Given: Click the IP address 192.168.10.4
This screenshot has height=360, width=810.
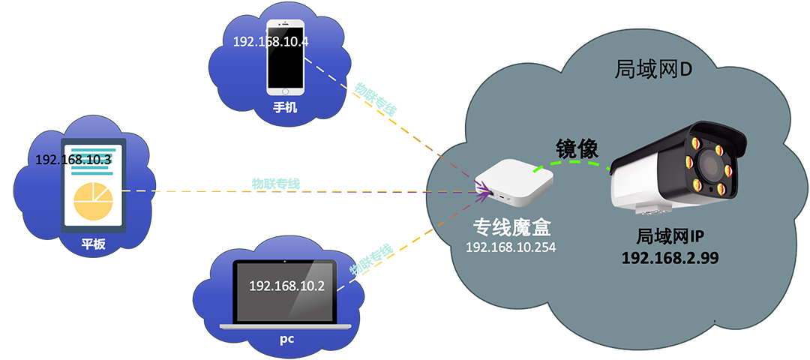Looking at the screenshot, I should click(271, 41).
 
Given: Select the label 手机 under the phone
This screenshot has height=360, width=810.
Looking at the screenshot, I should click(285, 107).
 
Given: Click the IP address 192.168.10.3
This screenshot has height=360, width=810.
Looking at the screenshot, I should click(73, 160).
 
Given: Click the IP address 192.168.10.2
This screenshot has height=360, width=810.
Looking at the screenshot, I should click(286, 286).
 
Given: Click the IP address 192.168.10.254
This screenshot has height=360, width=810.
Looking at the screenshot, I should click(511, 247).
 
